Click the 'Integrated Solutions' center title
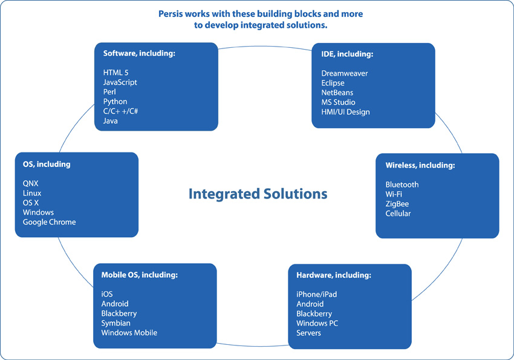tap(258, 194)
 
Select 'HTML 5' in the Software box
tap(115, 73)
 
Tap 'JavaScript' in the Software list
tap(120, 82)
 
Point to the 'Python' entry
tap(115, 102)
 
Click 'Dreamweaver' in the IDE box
tap(345, 73)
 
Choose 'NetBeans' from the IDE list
tap(337, 93)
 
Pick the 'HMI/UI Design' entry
tap(345, 112)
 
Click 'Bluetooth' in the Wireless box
tap(402, 185)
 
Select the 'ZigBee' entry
tap(397, 204)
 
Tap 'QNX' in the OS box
tap(30, 183)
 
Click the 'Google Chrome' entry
tap(49, 222)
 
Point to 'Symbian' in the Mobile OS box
tap(115, 323)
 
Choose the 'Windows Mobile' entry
tap(129, 333)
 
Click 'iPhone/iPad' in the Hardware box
tap(317, 295)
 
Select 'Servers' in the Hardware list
tap(308, 333)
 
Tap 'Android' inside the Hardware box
tap(310, 304)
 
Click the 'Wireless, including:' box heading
tap(420, 165)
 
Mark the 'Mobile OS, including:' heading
tap(139, 275)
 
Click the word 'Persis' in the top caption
tap(171, 14)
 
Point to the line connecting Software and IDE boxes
tap(265, 47)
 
